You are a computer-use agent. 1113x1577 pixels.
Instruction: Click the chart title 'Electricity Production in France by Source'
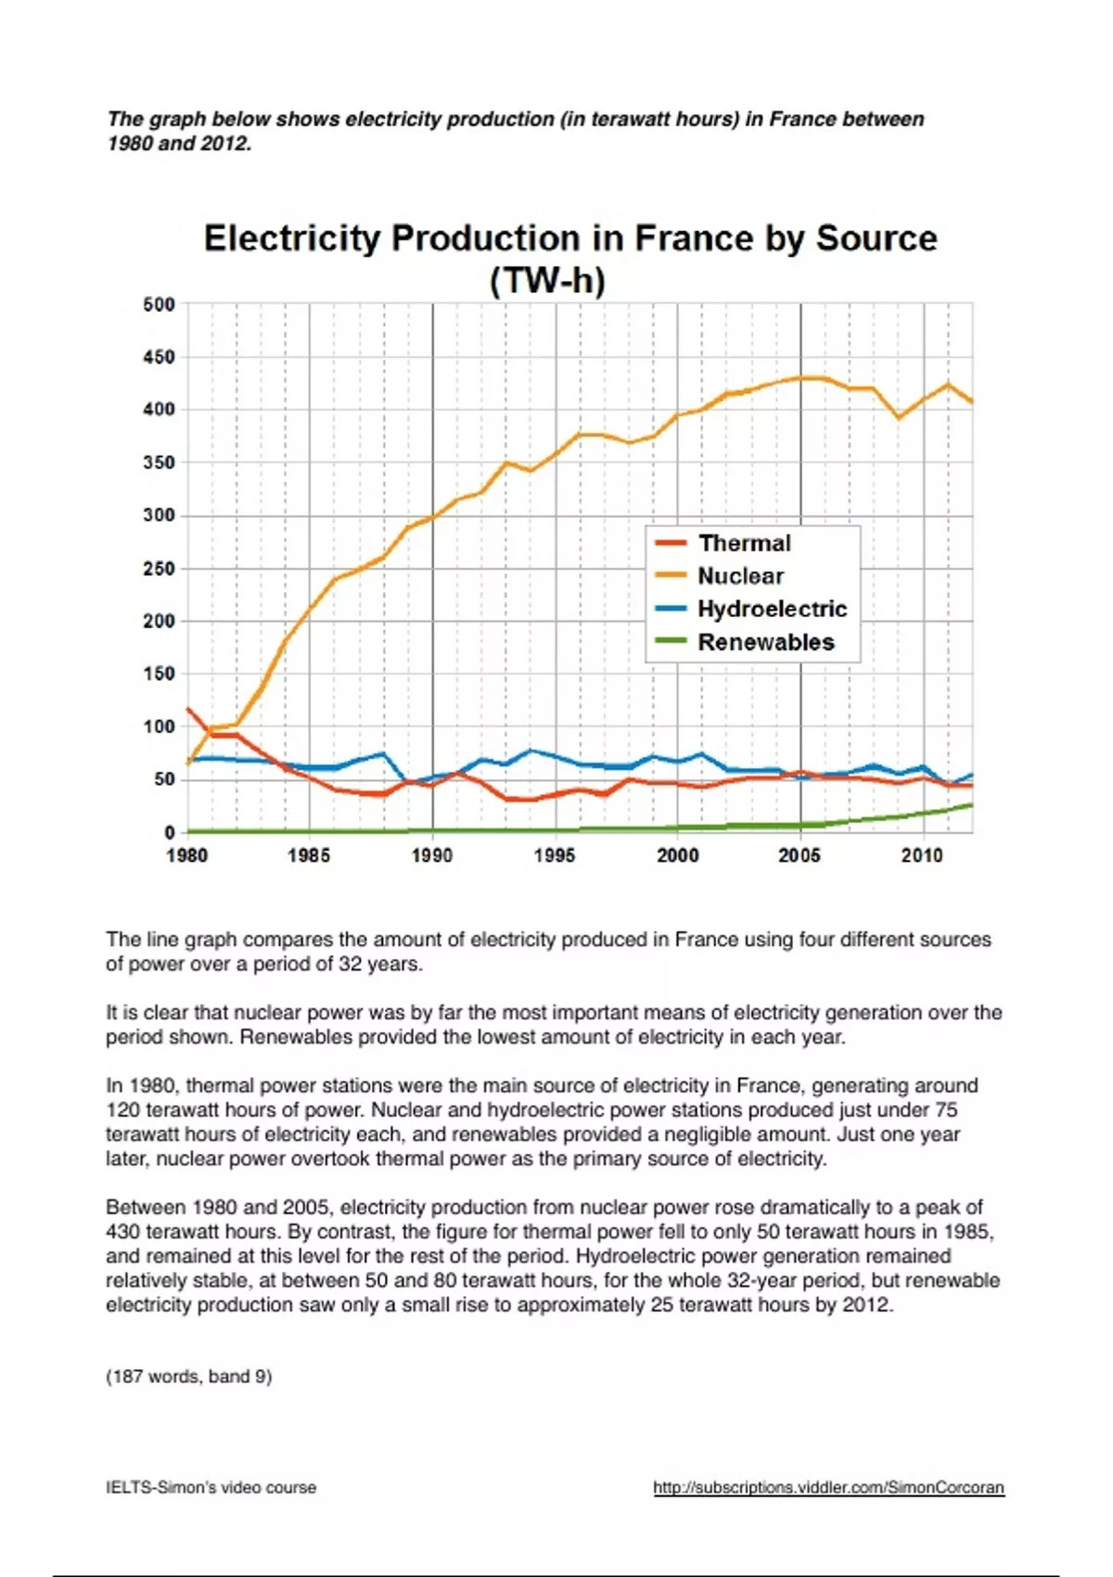[569, 238]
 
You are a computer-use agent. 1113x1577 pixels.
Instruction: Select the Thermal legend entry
[744, 544]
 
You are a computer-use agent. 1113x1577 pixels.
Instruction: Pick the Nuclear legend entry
[740, 576]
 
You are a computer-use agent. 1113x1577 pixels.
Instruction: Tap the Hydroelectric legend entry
[772, 609]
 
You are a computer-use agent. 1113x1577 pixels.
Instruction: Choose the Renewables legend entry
[765, 642]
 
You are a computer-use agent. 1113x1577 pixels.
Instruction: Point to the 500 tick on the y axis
[159, 304]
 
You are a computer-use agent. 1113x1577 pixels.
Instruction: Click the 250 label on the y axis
[159, 569]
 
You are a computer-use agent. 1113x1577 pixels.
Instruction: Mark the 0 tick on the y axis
[170, 832]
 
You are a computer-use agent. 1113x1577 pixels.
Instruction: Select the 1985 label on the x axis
[309, 855]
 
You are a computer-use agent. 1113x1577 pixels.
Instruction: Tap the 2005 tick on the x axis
[800, 855]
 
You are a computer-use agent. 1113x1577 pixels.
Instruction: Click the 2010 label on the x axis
[922, 855]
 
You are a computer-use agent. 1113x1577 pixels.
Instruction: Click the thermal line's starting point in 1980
[188, 709]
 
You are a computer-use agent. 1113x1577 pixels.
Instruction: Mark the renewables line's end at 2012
[972, 804]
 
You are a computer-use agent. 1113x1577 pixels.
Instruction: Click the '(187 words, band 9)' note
[189, 1377]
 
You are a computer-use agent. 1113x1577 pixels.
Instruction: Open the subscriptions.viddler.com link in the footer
[828, 1488]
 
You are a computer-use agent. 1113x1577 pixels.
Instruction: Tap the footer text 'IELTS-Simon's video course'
[211, 1488]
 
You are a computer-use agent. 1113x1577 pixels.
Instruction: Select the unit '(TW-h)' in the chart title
[547, 280]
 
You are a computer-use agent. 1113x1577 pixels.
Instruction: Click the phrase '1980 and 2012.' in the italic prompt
[179, 144]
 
